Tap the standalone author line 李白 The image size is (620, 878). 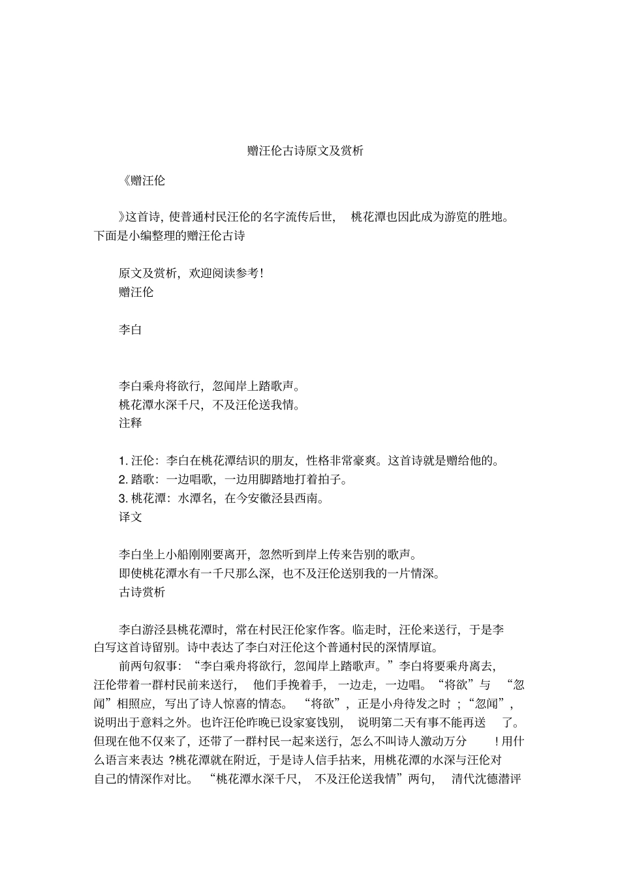pyautogui.click(x=130, y=330)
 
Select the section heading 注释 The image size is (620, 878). pyautogui.click(x=130, y=423)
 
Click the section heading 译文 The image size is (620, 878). pyautogui.click(x=130, y=517)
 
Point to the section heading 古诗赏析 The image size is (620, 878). pyautogui.click(x=142, y=592)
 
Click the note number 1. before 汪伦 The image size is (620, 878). pyautogui.click(x=123, y=461)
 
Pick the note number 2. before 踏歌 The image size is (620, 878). pyautogui.click(x=123, y=480)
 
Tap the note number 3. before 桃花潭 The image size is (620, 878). pyautogui.click(x=123, y=499)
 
